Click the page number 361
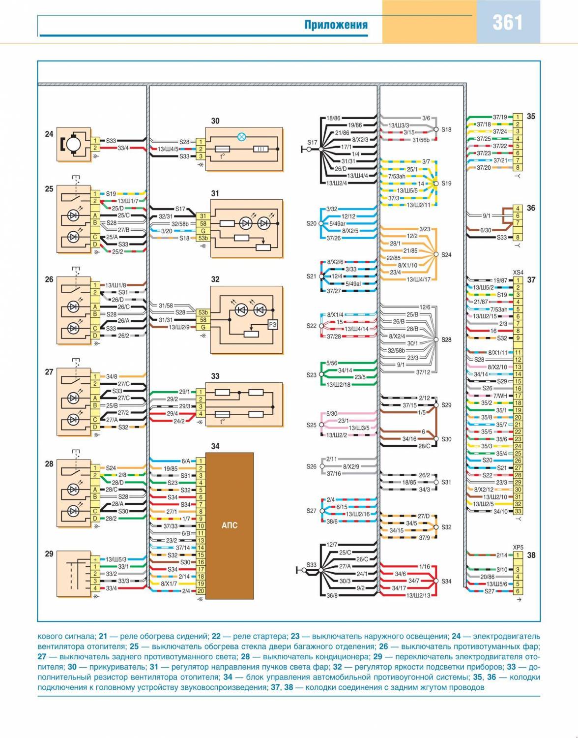point(508,22)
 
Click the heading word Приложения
point(336,25)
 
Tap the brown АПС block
point(230,525)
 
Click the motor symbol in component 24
point(74,144)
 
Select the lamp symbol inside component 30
point(241,137)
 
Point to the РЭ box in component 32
point(272,324)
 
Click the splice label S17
point(312,143)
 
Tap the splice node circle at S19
point(435,183)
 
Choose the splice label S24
point(446,255)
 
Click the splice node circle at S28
point(435,339)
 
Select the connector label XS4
point(518,273)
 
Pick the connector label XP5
point(518,547)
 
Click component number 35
point(531,117)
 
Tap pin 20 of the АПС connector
point(201,591)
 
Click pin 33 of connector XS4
point(518,511)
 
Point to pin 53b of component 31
point(202,239)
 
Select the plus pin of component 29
point(95,559)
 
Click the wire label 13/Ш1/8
point(116,285)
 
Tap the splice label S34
point(446,581)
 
